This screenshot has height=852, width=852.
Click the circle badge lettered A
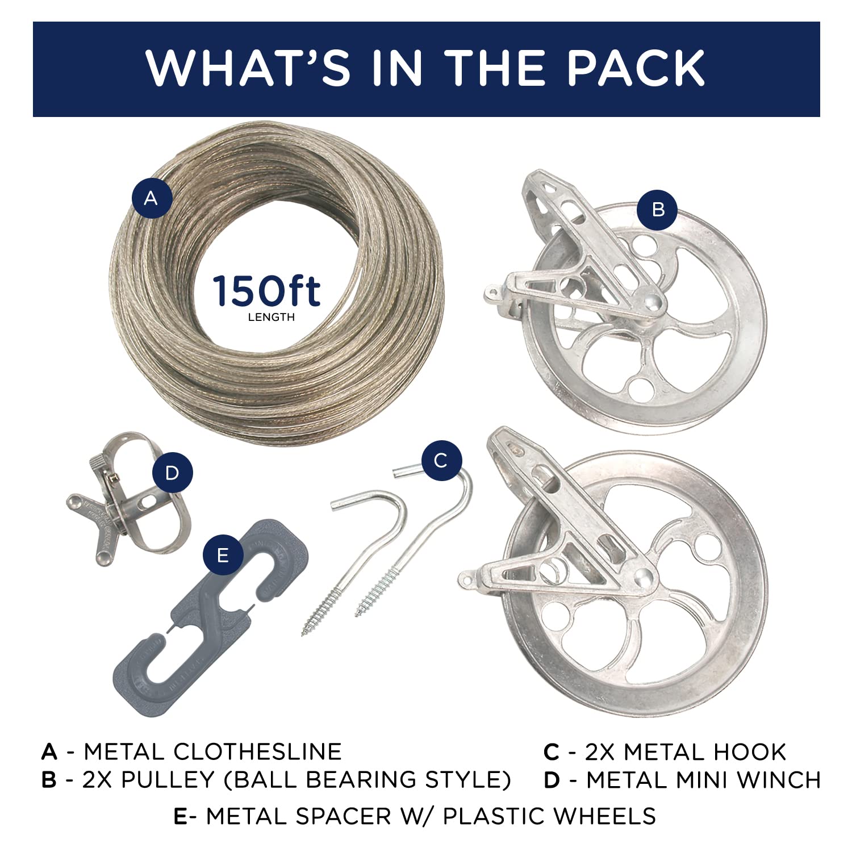tap(151, 198)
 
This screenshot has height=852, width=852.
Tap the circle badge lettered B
tap(657, 210)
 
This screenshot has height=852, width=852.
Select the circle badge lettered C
tap(441, 461)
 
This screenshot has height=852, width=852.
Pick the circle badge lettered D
tap(172, 473)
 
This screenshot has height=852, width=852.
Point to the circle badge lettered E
tap(223, 555)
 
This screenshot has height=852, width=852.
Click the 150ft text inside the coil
tap(267, 291)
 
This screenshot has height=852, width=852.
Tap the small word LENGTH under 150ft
tap(272, 318)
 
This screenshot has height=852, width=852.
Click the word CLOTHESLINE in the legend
tap(257, 751)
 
